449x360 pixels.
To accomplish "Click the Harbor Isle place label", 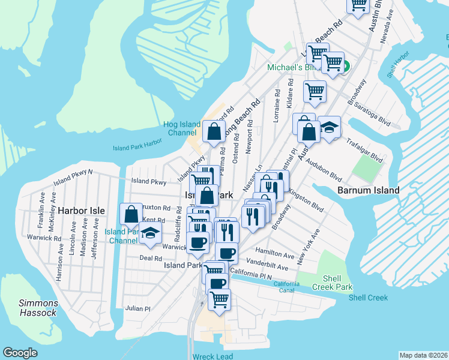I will [82, 211].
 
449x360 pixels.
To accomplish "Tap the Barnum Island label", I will [369, 190].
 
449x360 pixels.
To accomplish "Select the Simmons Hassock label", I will [37, 308].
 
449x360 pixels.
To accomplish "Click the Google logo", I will [20, 352].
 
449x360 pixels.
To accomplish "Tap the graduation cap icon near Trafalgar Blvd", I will [329, 127].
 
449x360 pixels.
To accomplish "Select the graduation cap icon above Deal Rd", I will [150, 234].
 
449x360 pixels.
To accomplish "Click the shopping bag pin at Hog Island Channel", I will [214, 130].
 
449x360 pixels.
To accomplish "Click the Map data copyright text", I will [423, 355].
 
